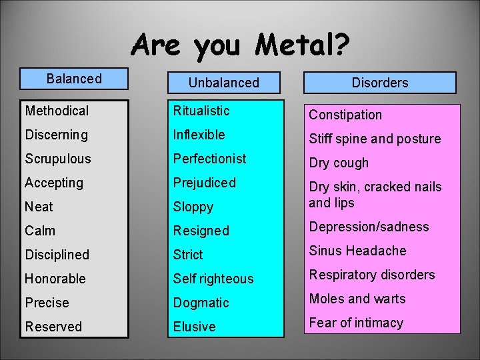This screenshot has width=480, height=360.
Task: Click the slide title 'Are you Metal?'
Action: [240, 46]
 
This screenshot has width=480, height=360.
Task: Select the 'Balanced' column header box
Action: [74, 79]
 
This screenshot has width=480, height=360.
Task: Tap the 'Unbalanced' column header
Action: [223, 83]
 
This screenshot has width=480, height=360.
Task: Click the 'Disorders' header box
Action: [380, 83]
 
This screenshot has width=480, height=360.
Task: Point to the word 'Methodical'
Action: [57, 111]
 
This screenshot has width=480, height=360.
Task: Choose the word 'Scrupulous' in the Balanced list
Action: [58, 159]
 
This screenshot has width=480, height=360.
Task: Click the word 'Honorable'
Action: [56, 279]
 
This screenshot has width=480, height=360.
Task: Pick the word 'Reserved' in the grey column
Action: [53, 327]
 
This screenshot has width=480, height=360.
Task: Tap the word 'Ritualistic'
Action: [201, 111]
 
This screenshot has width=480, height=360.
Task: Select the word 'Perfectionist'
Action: [209, 159]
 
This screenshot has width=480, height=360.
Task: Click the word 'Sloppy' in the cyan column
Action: [193, 207]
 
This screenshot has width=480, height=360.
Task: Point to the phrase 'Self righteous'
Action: [213, 279]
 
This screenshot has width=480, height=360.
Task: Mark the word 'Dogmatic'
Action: [201, 303]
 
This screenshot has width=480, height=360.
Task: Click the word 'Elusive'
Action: [194, 327]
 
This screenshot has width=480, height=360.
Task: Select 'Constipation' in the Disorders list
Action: [345, 115]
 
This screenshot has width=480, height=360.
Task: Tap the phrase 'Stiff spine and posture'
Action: [375, 139]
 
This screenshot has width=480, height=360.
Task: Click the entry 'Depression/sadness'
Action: [369, 227]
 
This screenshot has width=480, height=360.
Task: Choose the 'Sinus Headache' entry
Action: [357, 251]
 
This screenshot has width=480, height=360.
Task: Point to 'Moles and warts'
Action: [357, 299]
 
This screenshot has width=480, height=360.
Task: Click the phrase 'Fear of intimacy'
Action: [356, 323]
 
